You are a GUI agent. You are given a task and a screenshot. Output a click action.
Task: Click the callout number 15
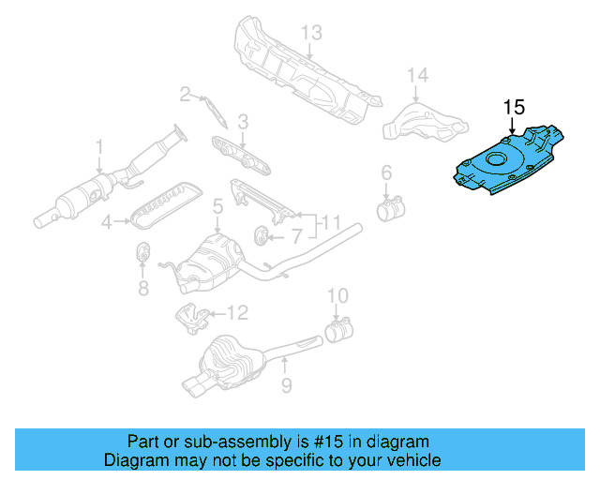tap(514, 107)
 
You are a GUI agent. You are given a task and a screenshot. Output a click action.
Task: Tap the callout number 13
tap(311, 34)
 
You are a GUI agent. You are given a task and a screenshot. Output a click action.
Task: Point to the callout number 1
tap(98, 146)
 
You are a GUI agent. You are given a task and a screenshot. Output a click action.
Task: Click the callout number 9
tap(286, 385)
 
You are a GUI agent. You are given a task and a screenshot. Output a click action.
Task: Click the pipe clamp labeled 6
tap(389, 207)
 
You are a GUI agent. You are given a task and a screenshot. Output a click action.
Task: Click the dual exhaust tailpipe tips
tap(199, 385)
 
